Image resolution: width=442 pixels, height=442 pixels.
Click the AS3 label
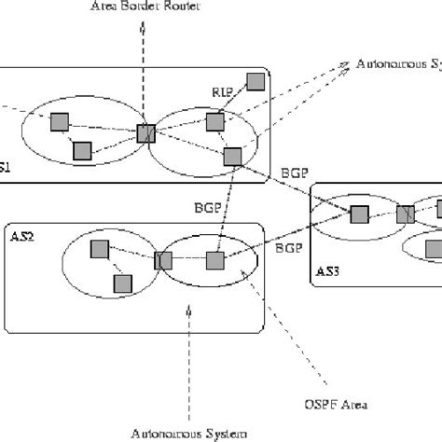click(326, 272)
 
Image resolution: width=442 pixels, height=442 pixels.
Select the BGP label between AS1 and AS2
click(208, 204)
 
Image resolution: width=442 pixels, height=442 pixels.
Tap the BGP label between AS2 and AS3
click(291, 248)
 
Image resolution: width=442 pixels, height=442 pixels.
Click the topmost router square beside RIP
click(252, 82)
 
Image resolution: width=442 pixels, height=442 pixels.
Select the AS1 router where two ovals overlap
click(145, 133)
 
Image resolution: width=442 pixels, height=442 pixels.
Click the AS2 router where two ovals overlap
click(164, 260)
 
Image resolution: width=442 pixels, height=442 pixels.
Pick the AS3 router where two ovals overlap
click(405, 214)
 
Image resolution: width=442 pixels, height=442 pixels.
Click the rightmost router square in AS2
click(214, 260)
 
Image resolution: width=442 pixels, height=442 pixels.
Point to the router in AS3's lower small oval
click(434, 248)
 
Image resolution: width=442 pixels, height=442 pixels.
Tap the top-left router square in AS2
click(99, 248)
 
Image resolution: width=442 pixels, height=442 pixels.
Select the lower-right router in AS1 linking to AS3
click(233, 155)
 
